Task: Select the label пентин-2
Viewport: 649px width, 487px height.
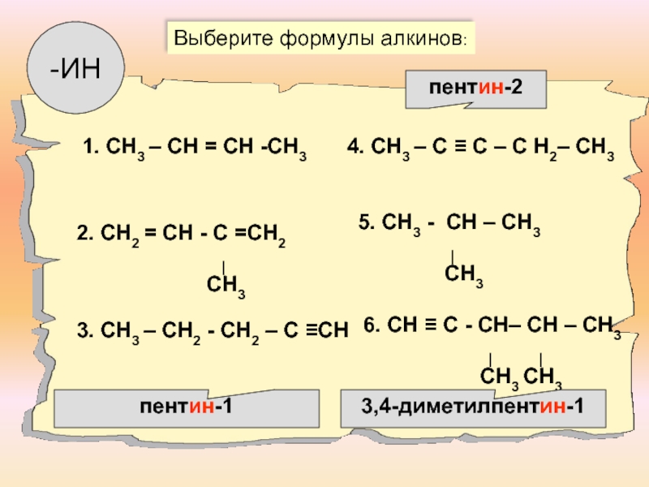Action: tap(475, 88)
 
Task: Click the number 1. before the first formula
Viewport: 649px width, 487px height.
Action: tap(90, 147)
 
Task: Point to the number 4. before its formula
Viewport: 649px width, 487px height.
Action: tap(355, 147)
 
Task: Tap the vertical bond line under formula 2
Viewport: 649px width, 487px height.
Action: tap(223, 265)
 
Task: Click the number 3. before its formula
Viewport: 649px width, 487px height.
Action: tap(84, 330)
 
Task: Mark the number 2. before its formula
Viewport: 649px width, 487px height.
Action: tap(84, 235)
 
